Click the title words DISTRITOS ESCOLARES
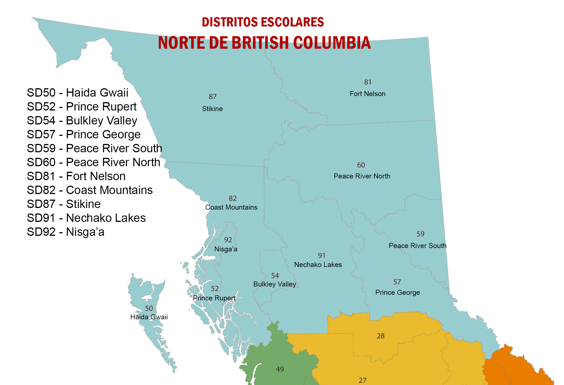click(263, 22)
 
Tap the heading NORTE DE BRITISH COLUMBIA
click(264, 43)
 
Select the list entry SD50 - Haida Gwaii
click(77, 93)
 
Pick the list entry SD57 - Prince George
click(83, 134)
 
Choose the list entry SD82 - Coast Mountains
click(90, 190)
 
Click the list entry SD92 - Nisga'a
click(65, 232)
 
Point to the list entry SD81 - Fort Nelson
click(76, 176)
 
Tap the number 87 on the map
click(213, 97)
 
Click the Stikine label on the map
click(212, 109)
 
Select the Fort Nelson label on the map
click(367, 94)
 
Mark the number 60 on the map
click(361, 165)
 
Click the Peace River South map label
click(417, 246)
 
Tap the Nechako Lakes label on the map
click(318, 265)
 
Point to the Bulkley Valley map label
click(274, 284)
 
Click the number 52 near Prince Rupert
click(215, 289)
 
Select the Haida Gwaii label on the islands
click(149, 317)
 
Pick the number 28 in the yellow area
click(380, 336)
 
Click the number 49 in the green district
click(280, 369)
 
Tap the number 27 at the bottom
click(362, 380)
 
